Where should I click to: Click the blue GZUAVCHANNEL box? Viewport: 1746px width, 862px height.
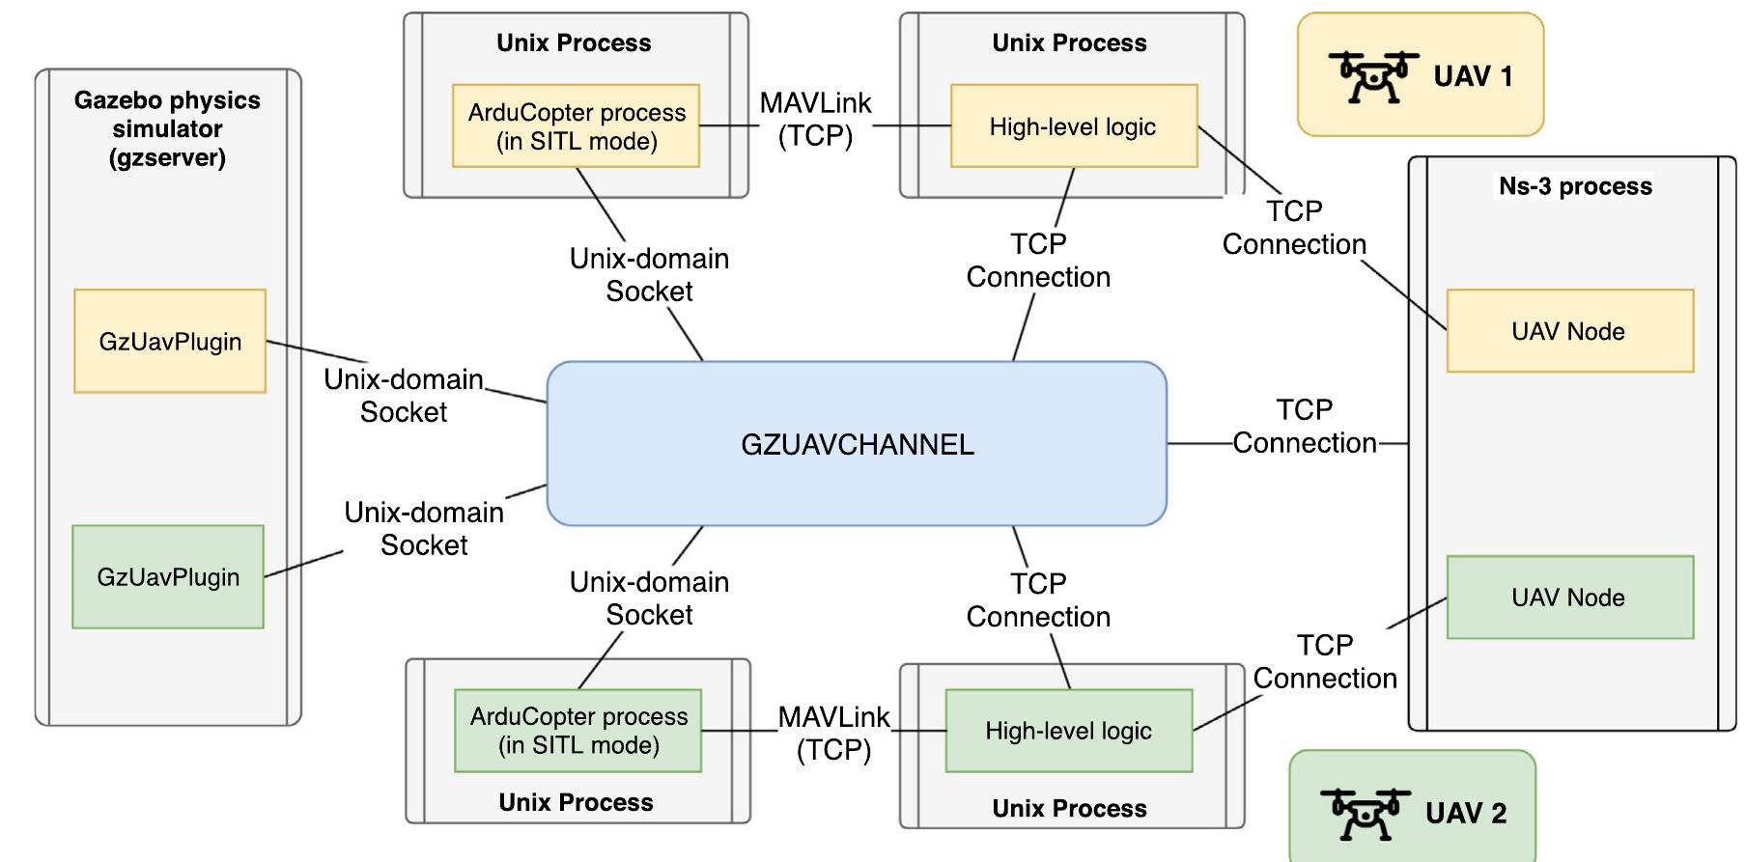coord(857,444)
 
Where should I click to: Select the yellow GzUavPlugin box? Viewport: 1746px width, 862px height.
coord(170,341)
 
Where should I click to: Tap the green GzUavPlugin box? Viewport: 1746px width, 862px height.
coord(168,577)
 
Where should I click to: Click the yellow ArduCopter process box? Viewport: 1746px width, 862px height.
coord(577,126)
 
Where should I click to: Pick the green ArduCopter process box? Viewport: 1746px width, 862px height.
coord(578,731)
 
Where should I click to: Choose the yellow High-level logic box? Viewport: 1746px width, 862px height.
coord(1073,126)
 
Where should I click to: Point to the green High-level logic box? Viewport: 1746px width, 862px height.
coord(1068,731)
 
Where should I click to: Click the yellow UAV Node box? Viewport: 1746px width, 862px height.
coord(1568,331)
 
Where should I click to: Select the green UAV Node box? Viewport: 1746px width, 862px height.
coord(1568,598)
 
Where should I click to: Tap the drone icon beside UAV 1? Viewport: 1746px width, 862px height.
coord(1372,76)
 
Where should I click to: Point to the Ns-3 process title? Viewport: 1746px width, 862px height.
coord(1575,186)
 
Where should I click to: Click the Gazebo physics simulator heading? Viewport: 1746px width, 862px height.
coord(167,128)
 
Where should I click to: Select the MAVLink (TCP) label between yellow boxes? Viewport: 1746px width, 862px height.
coord(815,119)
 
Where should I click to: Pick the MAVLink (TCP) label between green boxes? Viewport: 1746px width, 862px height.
coord(833,734)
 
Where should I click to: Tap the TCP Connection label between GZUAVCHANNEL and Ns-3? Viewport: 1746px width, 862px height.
coord(1304,426)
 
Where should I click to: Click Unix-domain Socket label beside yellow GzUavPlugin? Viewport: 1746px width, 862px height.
coord(404,395)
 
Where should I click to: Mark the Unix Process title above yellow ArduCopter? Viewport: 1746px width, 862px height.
coord(574,42)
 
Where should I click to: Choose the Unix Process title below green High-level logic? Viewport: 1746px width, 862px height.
coord(1069,809)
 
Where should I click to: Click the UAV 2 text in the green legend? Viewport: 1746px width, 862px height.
coord(1465,814)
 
